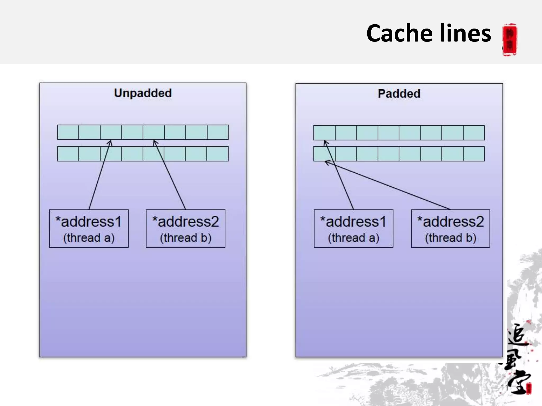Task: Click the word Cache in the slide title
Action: [399, 33]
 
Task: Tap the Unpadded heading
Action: [143, 93]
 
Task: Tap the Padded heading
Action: [399, 94]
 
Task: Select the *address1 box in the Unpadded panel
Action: [89, 228]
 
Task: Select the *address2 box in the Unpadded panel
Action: [186, 228]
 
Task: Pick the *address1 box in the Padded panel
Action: [354, 228]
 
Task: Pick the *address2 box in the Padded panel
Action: [450, 228]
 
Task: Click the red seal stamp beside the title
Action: [510, 40]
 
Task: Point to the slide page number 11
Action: [504, 387]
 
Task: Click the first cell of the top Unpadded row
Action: [68, 132]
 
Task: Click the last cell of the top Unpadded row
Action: [218, 132]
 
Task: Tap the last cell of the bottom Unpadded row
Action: [218, 154]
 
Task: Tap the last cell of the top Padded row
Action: [474, 133]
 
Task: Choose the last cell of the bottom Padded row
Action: [474, 154]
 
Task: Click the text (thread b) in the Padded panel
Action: [450, 238]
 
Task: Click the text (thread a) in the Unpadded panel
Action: [89, 238]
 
